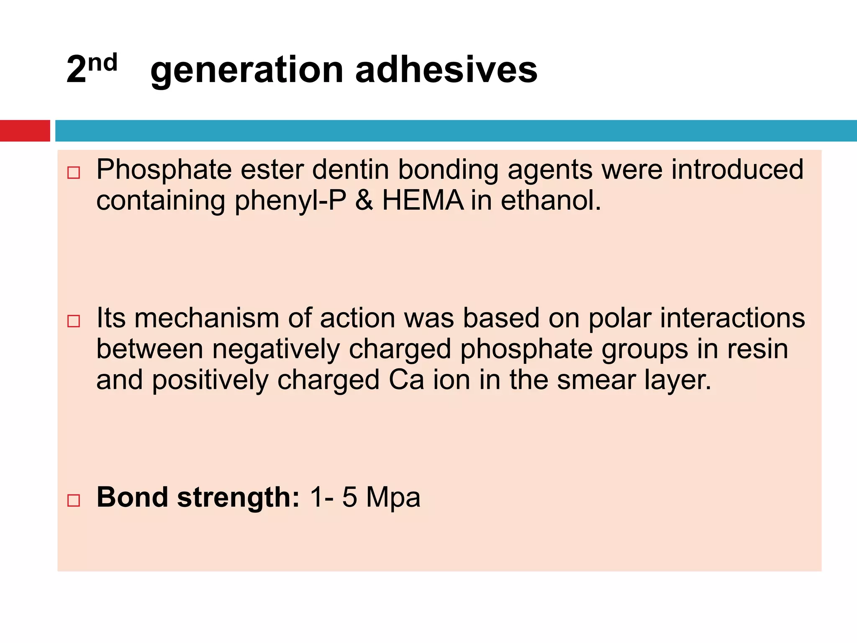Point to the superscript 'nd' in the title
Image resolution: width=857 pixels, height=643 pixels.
tap(103, 63)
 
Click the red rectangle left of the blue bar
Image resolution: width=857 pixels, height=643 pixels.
tap(25, 131)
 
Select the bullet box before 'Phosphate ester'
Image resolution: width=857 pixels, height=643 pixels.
tap(74, 172)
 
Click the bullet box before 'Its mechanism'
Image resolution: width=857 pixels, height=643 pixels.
tap(74, 321)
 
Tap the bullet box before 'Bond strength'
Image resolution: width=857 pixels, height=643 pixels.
tap(74, 500)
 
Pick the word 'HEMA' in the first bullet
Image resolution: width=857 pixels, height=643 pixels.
tap(423, 200)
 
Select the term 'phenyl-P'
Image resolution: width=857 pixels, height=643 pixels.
tap(290, 201)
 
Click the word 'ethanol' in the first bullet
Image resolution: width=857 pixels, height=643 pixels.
tap(550, 200)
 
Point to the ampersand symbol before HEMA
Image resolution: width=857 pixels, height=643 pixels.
tap(364, 200)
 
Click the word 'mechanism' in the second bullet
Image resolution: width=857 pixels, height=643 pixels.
tap(207, 318)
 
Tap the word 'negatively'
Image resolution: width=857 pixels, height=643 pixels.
tap(276, 350)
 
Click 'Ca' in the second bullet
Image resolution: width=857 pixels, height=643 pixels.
tap(406, 380)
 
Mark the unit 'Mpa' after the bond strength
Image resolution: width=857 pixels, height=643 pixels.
tap(393, 497)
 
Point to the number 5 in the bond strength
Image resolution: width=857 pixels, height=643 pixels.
tap(349, 497)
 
